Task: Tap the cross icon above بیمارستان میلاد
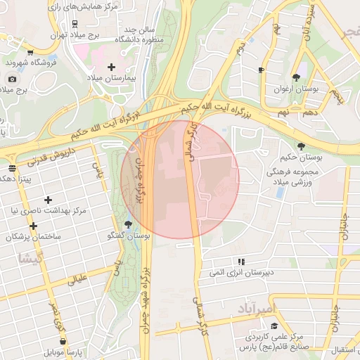tap(111, 67)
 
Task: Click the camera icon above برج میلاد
tap(12, 79)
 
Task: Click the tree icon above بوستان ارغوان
tap(296, 77)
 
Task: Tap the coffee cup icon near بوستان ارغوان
tap(261, 70)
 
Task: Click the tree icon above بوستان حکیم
tap(302, 146)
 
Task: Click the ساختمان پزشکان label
tap(33, 237)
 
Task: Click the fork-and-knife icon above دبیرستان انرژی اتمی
tap(241, 261)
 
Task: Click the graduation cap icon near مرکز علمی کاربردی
tap(274, 326)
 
